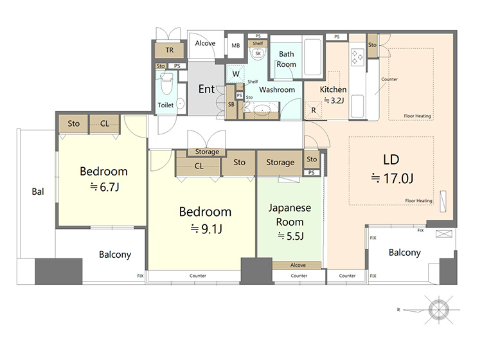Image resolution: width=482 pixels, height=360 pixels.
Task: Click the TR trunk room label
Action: pyautogui.click(x=170, y=50)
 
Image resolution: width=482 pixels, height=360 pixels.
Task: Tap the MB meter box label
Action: pyautogui.click(x=236, y=46)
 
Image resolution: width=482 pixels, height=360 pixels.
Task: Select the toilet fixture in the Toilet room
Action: pyautogui.click(x=167, y=84)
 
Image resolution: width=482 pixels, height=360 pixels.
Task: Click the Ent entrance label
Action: pyautogui.click(x=206, y=89)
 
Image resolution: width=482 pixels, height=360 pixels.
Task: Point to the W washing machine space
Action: pyautogui.click(x=236, y=74)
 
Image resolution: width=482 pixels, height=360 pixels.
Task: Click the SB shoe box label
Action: pyautogui.click(x=231, y=104)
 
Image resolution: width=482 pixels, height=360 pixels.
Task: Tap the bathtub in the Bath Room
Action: pyautogui.click(x=312, y=57)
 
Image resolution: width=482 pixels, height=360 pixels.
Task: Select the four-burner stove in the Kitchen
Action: pyautogui.click(x=357, y=57)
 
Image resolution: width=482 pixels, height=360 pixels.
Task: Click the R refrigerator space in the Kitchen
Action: pyautogui.click(x=314, y=110)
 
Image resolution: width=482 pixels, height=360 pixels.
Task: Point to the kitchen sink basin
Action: pyautogui.click(x=357, y=106)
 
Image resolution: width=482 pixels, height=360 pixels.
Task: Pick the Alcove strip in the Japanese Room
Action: pyautogui.click(x=297, y=265)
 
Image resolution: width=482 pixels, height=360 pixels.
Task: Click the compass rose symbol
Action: pyautogui.click(x=438, y=310)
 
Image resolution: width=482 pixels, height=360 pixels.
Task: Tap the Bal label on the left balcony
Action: pyautogui.click(x=38, y=192)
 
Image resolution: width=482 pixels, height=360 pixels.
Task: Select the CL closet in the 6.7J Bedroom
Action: pyautogui.click(x=104, y=124)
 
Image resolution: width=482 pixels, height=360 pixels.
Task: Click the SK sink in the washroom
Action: pyautogui.click(x=258, y=53)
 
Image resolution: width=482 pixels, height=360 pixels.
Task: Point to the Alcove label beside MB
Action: pyautogui.click(x=205, y=43)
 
